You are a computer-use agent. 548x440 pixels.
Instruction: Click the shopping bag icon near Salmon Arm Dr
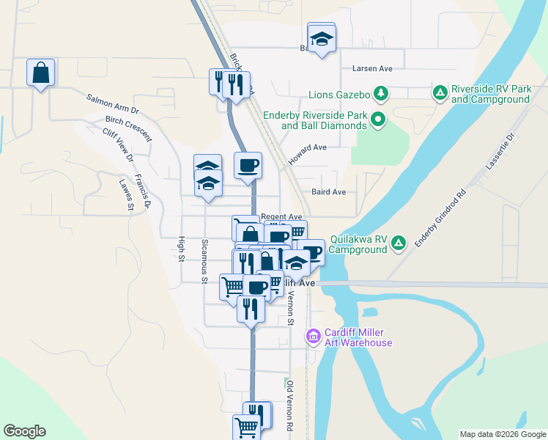pyautogui.click(x=41, y=73)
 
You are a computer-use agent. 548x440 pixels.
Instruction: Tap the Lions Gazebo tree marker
pyautogui.click(x=381, y=93)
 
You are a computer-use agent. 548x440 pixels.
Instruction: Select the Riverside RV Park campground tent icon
pyautogui.click(x=440, y=93)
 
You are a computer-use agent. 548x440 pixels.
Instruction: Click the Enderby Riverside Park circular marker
pyautogui.click(x=378, y=120)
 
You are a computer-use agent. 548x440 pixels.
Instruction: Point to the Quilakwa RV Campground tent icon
pyautogui.click(x=398, y=243)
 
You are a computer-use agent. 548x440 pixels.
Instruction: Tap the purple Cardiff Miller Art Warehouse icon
pyautogui.click(x=314, y=337)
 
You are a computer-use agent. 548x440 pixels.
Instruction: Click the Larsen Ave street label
pyautogui.click(x=372, y=68)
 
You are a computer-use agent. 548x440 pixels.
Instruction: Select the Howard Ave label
pyautogui.click(x=307, y=147)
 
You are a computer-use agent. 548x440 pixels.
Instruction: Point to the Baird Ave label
pyautogui.click(x=327, y=192)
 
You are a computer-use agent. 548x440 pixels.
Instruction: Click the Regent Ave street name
pyautogui.click(x=282, y=217)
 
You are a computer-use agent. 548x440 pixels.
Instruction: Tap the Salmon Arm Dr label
pyautogui.click(x=112, y=103)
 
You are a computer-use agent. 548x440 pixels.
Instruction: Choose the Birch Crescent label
pyautogui.click(x=128, y=128)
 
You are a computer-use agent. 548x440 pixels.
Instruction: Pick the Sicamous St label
pyautogui.click(x=205, y=260)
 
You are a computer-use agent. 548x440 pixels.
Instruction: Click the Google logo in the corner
pyautogui.click(x=24, y=431)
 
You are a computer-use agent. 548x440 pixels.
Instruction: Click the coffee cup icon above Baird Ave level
pyautogui.click(x=248, y=164)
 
